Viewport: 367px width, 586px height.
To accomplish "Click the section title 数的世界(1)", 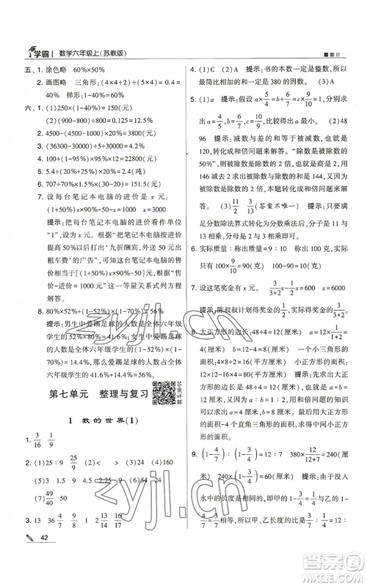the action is [x=97, y=423].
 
